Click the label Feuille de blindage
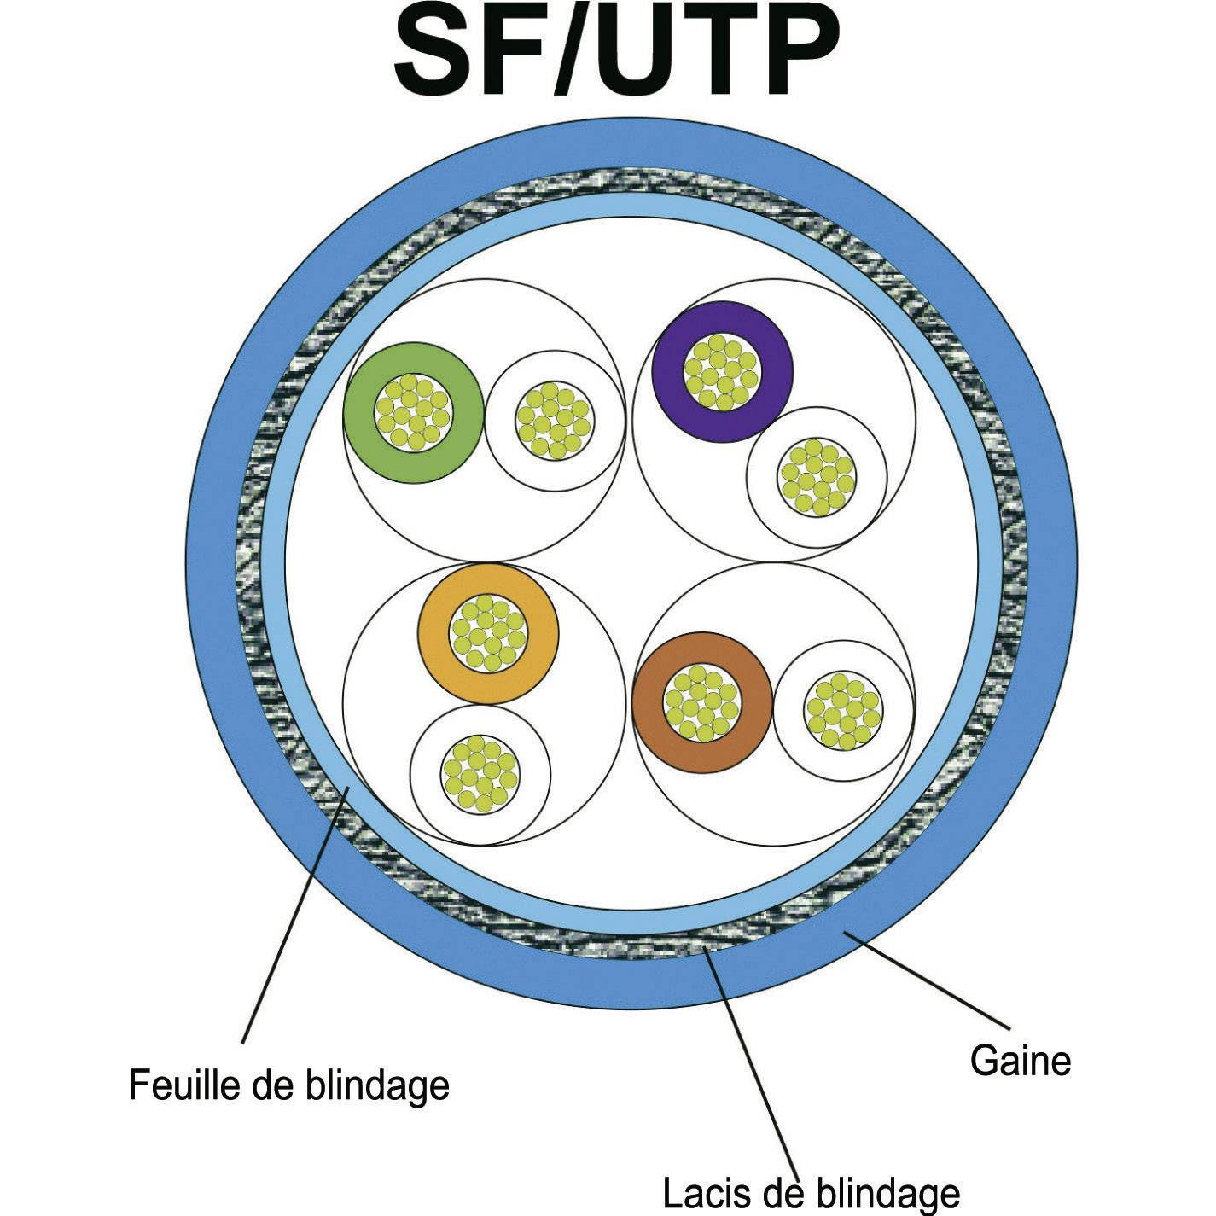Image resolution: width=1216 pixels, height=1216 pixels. (288, 1085)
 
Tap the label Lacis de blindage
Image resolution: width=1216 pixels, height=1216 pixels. (811, 1192)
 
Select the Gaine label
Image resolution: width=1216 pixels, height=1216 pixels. (1020, 1061)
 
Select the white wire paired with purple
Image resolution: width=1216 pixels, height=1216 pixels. (817, 477)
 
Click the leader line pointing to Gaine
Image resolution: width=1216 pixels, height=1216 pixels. (930, 981)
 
